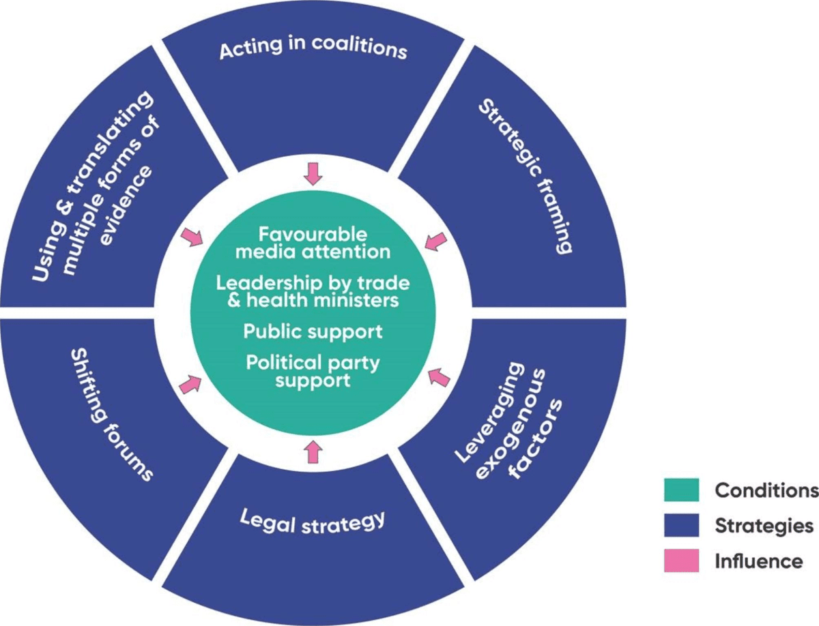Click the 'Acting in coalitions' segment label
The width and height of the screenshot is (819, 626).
pos(313,50)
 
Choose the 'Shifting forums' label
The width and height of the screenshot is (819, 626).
pos(112,416)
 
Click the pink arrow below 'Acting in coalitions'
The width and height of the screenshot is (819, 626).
pos(313,175)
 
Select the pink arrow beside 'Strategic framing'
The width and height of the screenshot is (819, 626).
pos(435,241)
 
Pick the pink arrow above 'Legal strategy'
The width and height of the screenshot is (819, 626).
pos(313,450)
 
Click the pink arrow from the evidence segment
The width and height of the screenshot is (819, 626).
pos(192,238)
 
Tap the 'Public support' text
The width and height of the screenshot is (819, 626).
pos(313,332)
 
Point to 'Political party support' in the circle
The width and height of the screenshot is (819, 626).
pos(313,371)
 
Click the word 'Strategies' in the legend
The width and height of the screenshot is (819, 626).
pos(764,526)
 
